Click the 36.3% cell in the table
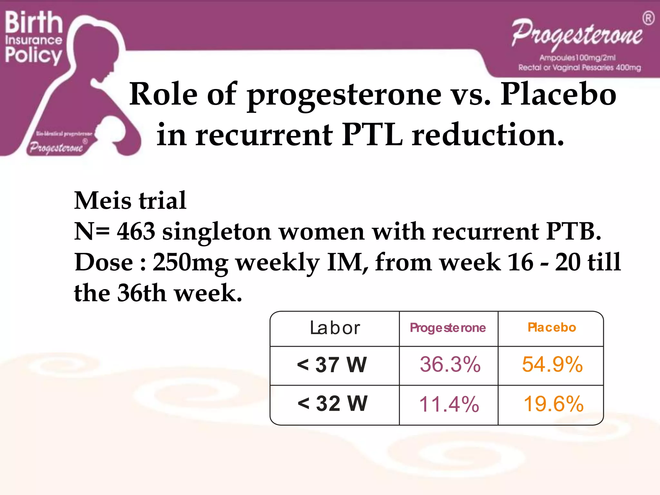(450, 364)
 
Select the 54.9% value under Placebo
(552, 364)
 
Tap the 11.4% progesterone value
(449, 404)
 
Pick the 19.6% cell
(553, 404)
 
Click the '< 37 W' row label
(332, 365)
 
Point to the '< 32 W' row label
(332, 403)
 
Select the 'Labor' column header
(335, 328)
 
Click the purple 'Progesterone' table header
(448, 328)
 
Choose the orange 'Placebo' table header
(551, 327)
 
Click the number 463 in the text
(136, 231)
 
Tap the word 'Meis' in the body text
(103, 200)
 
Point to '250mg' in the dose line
(190, 262)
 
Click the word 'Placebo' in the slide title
(558, 94)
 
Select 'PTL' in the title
(372, 135)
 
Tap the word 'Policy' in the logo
(33, 55)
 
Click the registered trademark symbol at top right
(648, 18)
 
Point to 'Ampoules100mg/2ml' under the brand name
(577, 58)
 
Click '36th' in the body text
(141, 293)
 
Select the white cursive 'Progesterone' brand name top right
(577, 34)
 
